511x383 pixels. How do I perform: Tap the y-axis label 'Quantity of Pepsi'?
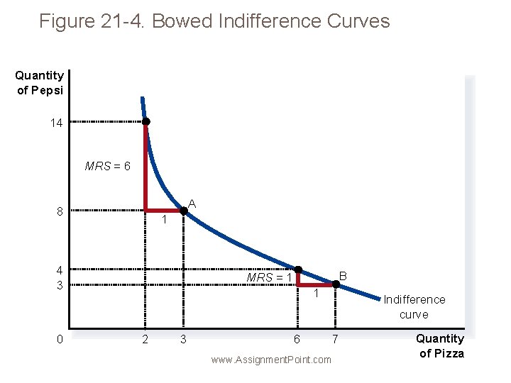39,82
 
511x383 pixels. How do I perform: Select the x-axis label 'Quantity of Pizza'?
440,346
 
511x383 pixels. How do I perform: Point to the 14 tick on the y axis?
56,123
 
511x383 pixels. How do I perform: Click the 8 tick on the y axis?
60,211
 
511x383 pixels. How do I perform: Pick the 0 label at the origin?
60,339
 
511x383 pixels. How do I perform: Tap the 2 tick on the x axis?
145,340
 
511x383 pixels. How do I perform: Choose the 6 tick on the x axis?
297,340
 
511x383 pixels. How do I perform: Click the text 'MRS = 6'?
107,167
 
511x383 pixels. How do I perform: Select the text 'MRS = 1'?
269,277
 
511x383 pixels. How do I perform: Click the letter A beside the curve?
192,204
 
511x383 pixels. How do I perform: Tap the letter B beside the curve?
342,275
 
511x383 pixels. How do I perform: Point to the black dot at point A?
184,211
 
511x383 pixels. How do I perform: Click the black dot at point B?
336,285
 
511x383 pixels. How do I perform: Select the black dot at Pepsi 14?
145,122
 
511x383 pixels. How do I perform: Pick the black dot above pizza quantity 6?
298,270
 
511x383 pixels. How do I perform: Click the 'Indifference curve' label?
414,307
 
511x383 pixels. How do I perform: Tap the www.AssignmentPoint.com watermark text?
271,360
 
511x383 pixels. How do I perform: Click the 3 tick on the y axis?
60,285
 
